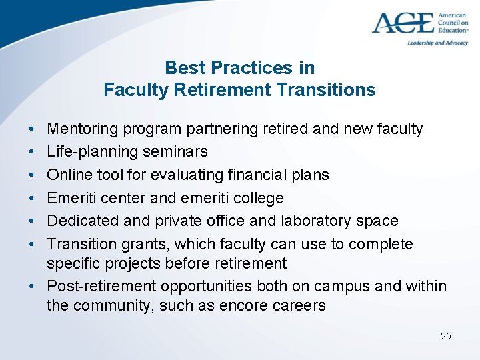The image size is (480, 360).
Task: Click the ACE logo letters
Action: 403,23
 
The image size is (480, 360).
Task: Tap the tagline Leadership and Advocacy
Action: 437,43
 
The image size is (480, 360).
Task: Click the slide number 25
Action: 445,336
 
